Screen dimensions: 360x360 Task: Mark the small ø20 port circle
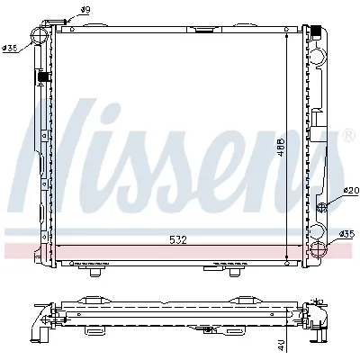point(321,205)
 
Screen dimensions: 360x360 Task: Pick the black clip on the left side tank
point(41,80)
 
